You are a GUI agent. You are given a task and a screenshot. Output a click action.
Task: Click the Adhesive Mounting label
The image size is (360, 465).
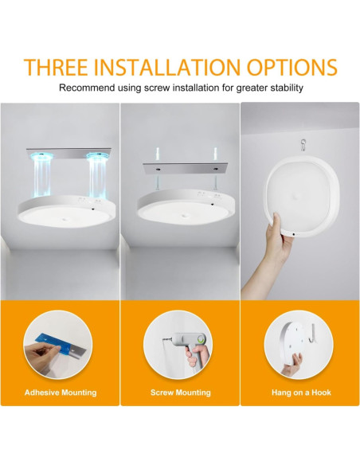coord(61,393)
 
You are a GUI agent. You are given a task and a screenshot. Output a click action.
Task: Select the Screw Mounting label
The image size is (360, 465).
coord(180,393)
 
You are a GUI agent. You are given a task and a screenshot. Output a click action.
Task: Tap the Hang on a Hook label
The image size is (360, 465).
coord(300,393)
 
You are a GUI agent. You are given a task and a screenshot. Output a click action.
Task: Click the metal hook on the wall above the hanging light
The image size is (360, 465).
coord(303,146)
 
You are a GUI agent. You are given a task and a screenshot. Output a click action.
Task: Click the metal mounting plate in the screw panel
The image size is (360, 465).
coord(181,170)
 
